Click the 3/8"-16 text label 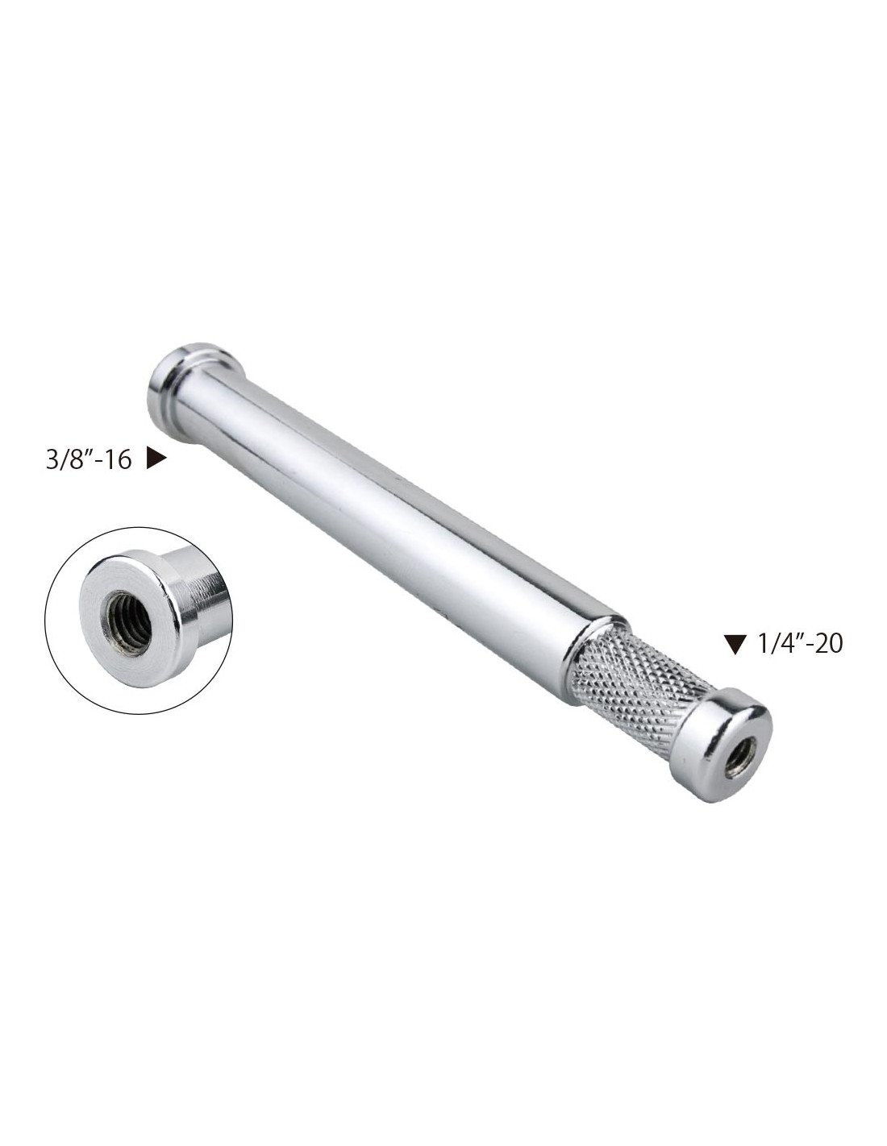coord(89,460)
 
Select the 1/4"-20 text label coord(800,644)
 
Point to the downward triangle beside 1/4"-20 coord(735,645)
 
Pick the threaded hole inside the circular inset coord(130,623)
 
